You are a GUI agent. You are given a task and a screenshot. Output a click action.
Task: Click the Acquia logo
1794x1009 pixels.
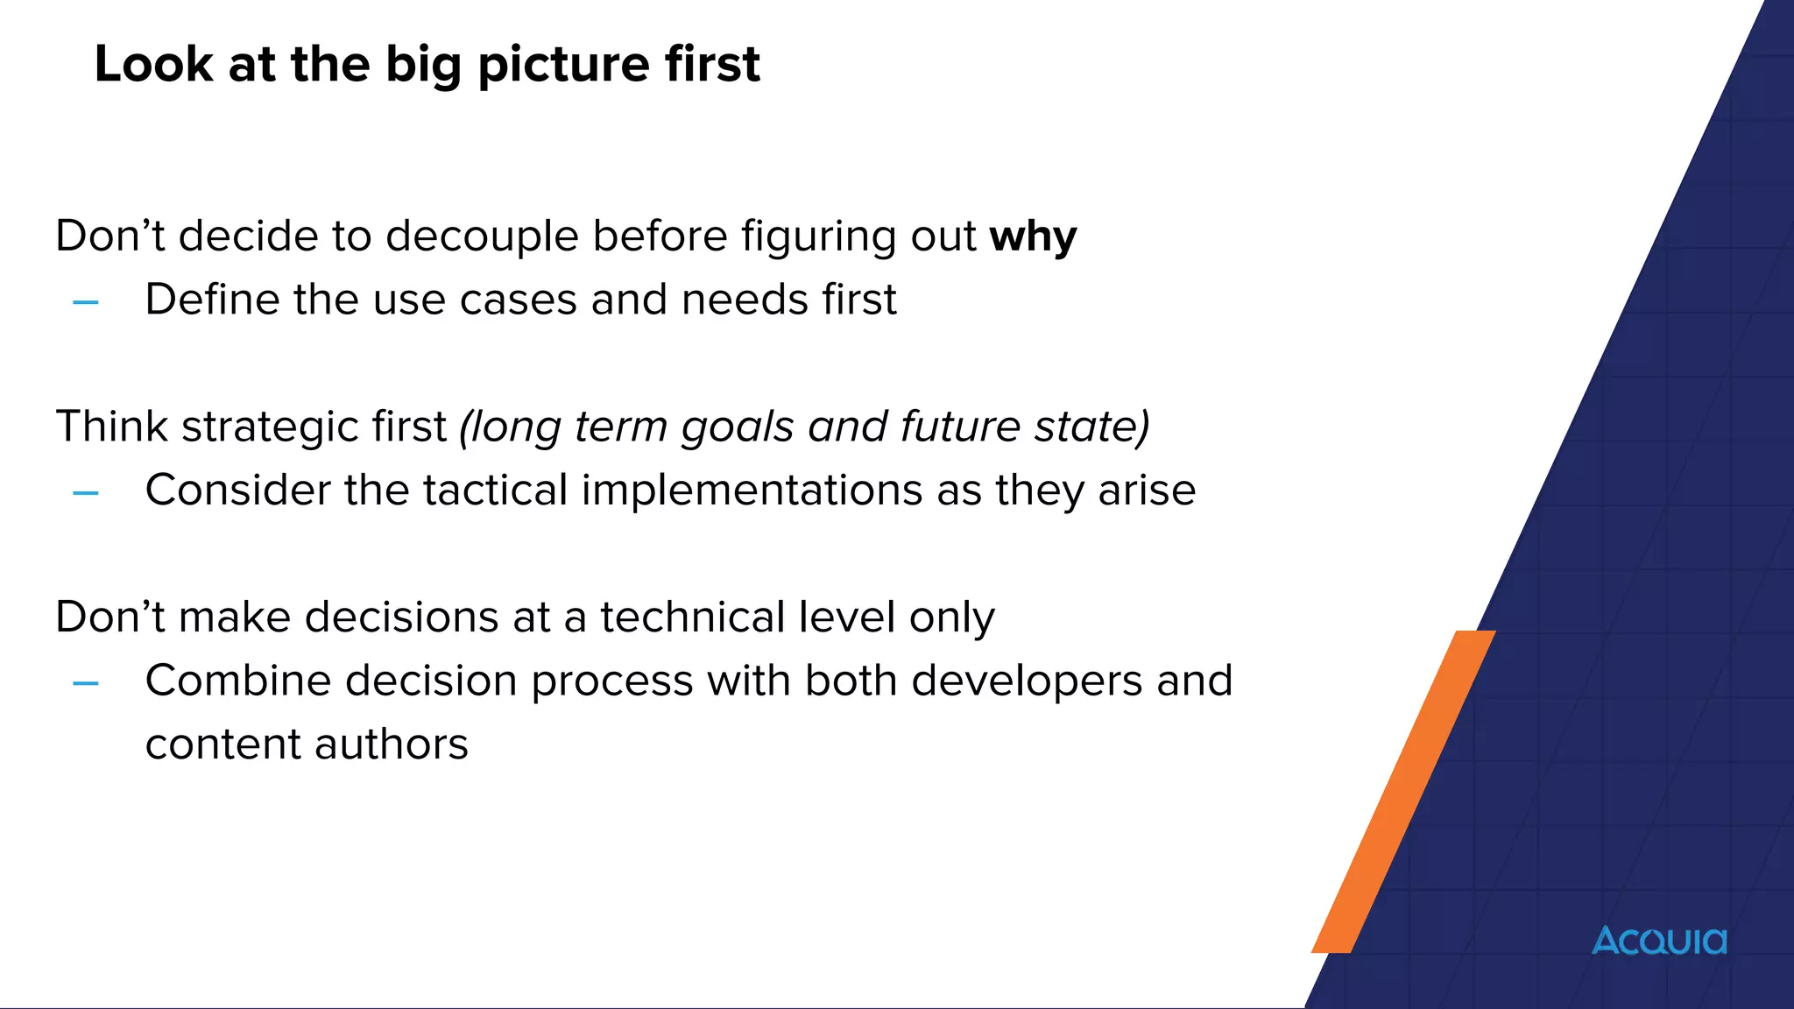coord(1659,941)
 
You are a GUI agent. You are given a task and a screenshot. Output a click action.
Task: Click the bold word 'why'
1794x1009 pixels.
coord(1033,236)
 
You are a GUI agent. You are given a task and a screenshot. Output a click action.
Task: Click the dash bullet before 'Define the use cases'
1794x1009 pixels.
coord(86,303)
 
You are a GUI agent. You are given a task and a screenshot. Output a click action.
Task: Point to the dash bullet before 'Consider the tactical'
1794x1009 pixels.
coord(86,493)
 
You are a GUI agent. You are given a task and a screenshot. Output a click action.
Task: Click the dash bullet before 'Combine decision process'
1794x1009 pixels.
coord(86,683)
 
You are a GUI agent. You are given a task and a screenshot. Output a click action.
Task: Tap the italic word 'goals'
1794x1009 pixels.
coord(737,427)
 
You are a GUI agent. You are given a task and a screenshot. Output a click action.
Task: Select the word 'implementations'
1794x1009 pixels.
coord(752,490)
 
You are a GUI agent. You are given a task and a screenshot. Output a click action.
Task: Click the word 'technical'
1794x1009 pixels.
coord(693,617)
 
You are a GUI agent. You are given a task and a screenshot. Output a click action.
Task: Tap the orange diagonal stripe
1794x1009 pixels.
coord(1402,793)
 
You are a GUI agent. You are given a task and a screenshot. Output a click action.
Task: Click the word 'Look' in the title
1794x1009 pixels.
coord(153,65)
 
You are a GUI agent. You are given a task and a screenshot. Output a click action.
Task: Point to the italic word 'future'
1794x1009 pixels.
coord(960,427)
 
